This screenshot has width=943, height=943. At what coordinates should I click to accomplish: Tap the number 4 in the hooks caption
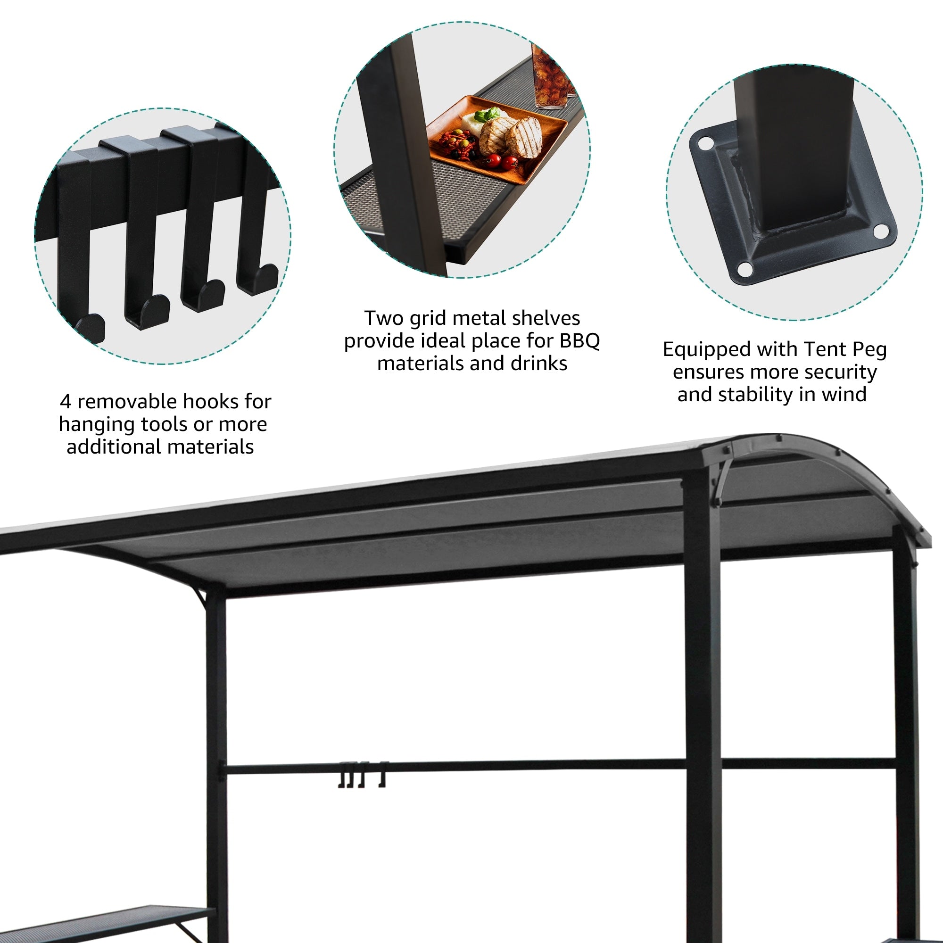(66, 402)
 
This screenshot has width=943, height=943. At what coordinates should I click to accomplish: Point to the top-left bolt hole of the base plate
(705, 143)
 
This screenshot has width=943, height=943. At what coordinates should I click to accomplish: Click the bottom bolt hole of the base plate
(745, 268)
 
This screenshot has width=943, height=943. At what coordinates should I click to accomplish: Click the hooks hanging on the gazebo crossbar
(362, 776)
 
